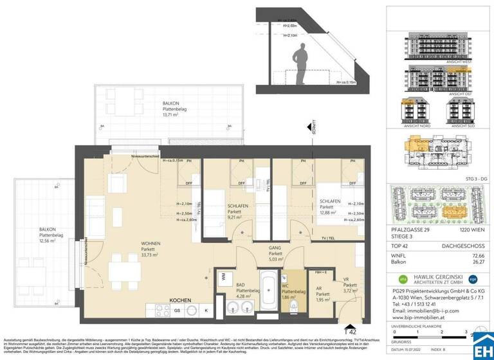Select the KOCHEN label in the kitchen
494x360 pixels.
click(181, 300)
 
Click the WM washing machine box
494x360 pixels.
click(223, 276)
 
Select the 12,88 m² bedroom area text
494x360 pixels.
click(330, 213)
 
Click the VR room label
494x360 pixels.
click(347, 279)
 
